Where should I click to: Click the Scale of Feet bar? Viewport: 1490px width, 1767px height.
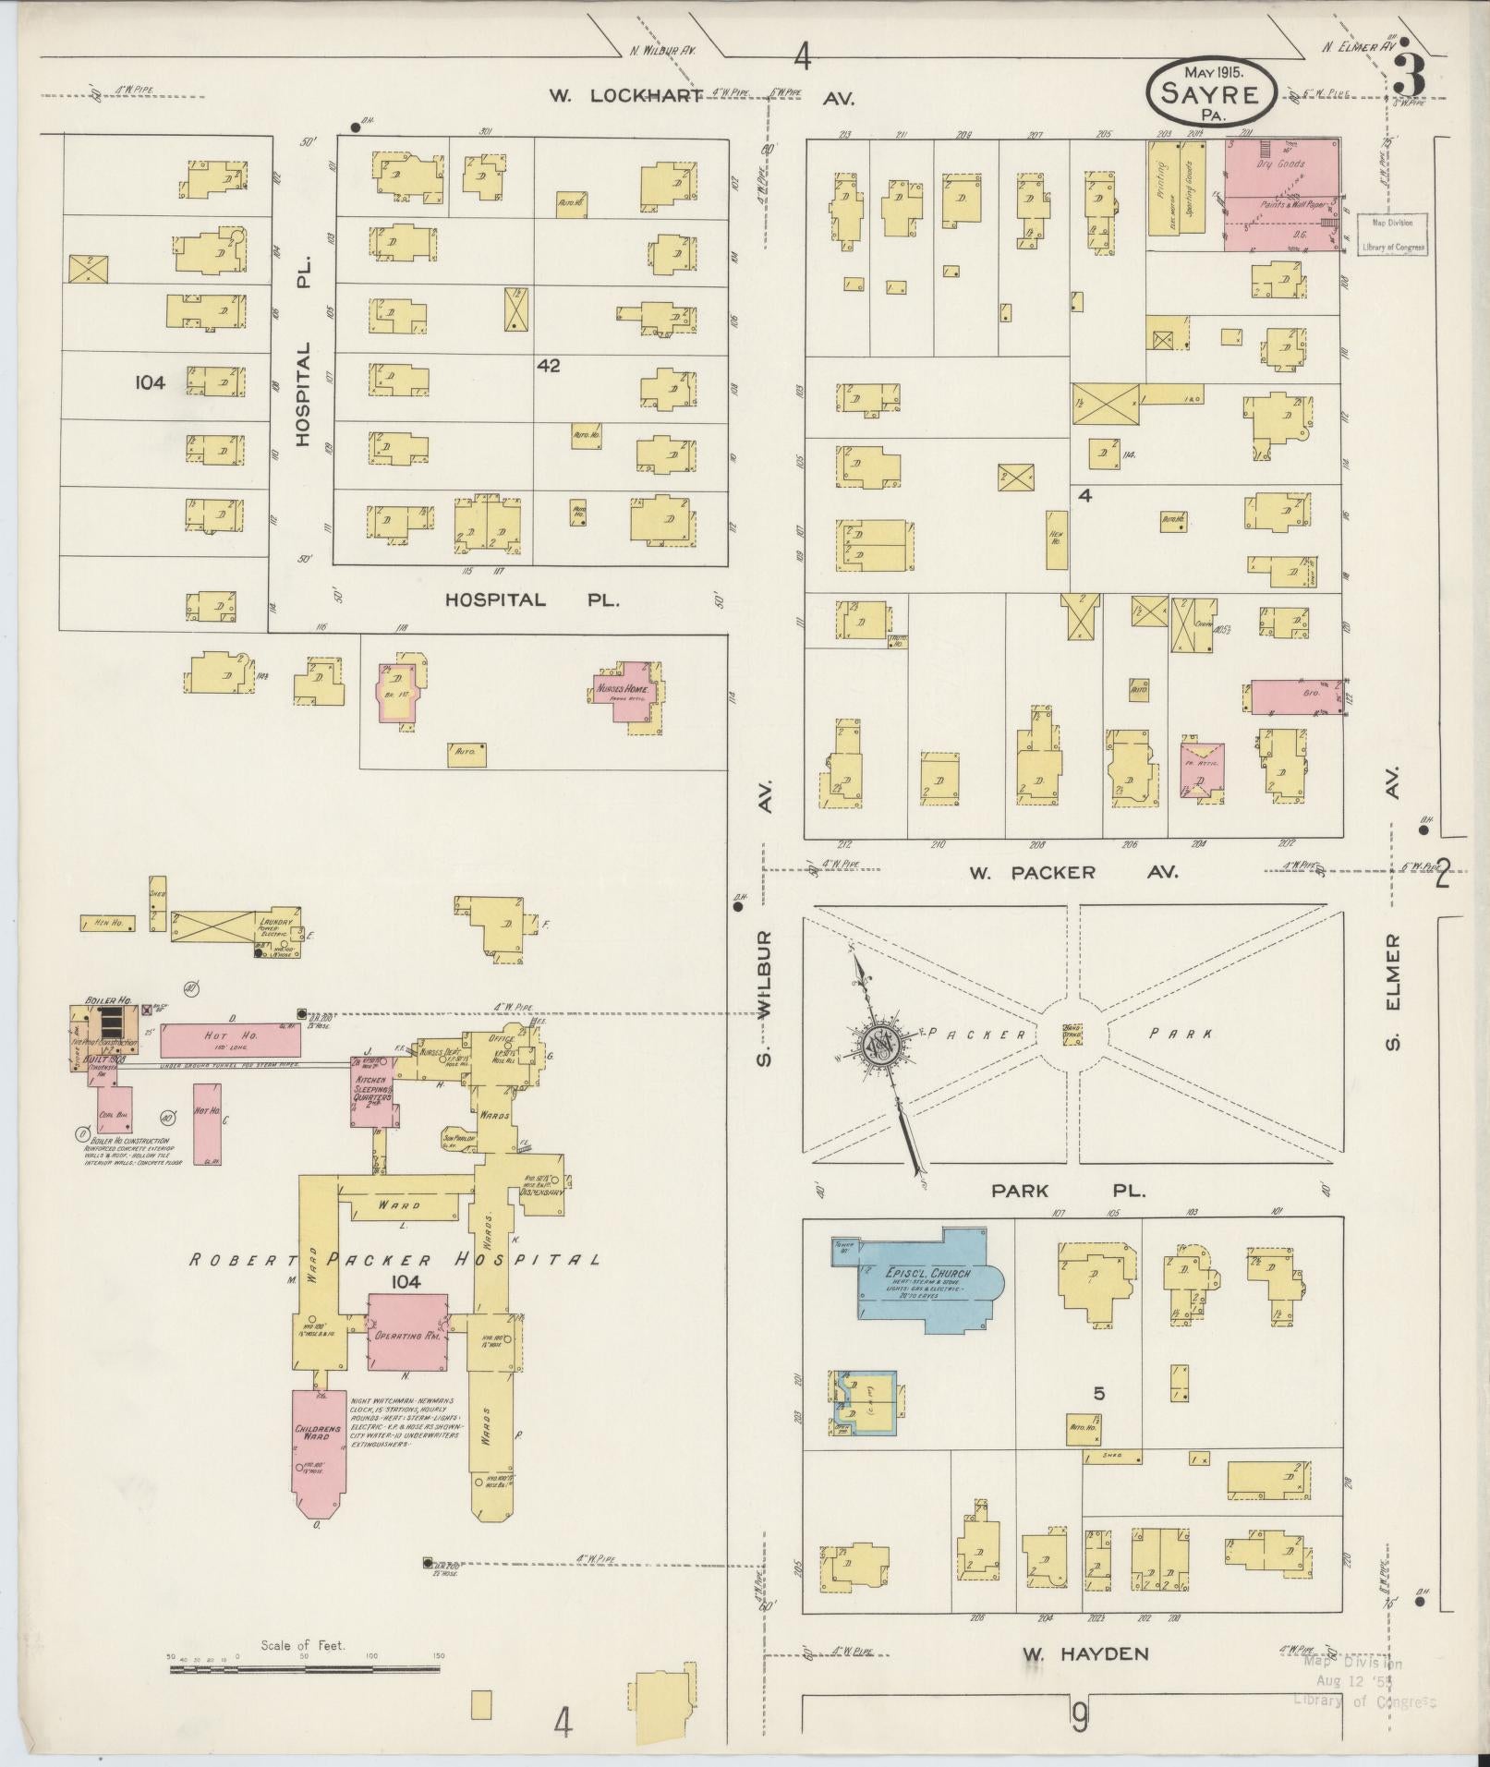(305, 1668)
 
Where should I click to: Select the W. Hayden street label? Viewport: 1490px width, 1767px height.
(1085, 1654)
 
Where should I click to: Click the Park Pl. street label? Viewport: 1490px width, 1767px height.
(1068, 1191)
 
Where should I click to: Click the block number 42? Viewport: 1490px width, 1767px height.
(548, 366)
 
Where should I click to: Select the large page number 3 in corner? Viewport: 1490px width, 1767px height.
(1408, 76)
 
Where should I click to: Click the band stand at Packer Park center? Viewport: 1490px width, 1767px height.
(1073, 1034)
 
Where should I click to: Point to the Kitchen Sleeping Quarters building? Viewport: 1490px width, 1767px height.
(373, 1091)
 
